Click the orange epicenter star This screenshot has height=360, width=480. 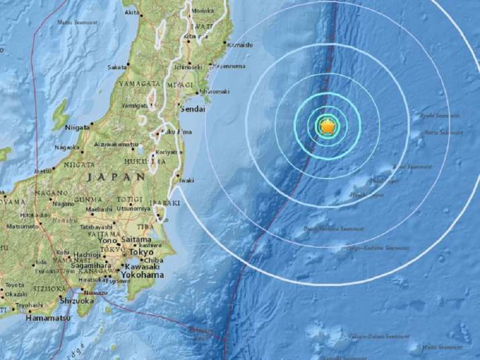click(x=328, y=126)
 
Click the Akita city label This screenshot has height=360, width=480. click(x=132, y=12)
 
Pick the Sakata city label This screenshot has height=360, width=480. click(x=117, y=67)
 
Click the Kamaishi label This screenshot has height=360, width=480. click(x=240, y=44)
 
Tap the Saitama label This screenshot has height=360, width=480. click(x=138, y=239)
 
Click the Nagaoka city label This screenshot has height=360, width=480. click(x=66, y=148)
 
